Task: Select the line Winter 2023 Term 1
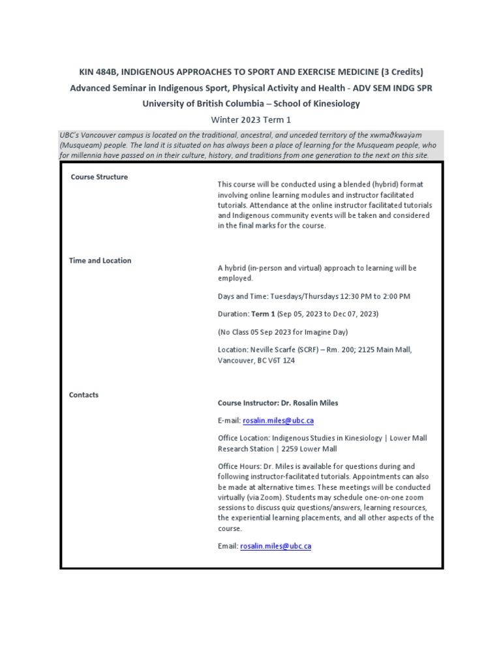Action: [251, 120]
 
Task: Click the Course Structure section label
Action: [99, 177]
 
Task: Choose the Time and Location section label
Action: [100, 260]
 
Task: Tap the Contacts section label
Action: [83, 395]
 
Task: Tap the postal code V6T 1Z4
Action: [279, 360]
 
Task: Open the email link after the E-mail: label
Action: [277, 421]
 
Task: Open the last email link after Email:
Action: [275, 546]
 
